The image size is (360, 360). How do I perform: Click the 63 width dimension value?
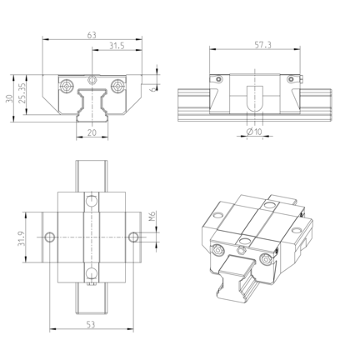click(92, 35)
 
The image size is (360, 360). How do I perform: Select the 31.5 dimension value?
click(117, 46)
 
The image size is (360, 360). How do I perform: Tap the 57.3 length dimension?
click(263, 45)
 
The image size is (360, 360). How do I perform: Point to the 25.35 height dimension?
click(22, 93)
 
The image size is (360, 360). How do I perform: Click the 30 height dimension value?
click(9, 98)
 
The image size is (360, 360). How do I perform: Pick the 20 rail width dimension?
click(92, 132)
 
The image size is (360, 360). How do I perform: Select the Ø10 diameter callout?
click(254, 132)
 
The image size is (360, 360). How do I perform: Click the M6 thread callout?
click(152, 216)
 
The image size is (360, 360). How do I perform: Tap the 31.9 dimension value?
click(22, 238)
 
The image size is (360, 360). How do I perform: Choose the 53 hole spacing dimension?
click(91, 324)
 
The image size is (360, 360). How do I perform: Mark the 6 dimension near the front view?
click(152, 89)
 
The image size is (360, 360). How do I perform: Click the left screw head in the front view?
click(67, 86)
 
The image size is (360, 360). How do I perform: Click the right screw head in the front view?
click(117, 86)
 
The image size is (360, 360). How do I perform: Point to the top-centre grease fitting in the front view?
click(92, 80)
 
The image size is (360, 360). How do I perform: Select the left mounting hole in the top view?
click(50, 237)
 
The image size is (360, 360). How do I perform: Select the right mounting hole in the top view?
click(133, 237)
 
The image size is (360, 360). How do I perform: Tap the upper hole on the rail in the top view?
click(92, 201)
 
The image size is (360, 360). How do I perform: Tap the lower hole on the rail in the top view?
click(92, 273)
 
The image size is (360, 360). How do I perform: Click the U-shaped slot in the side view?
click(255, 98)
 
